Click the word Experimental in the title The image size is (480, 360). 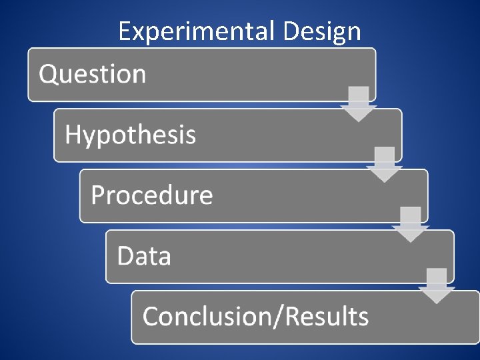(197, 31)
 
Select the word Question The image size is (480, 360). (92, 74)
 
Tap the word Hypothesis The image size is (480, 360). (130, 135)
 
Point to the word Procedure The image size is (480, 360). (151, 195)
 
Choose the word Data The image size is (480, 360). (144, 256)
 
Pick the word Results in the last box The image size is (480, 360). (327, 316)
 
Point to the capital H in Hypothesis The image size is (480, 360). (73, 135)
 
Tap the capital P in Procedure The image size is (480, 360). (98, 195)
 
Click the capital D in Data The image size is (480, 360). (125, 256)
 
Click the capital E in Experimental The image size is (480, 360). (125, 31)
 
